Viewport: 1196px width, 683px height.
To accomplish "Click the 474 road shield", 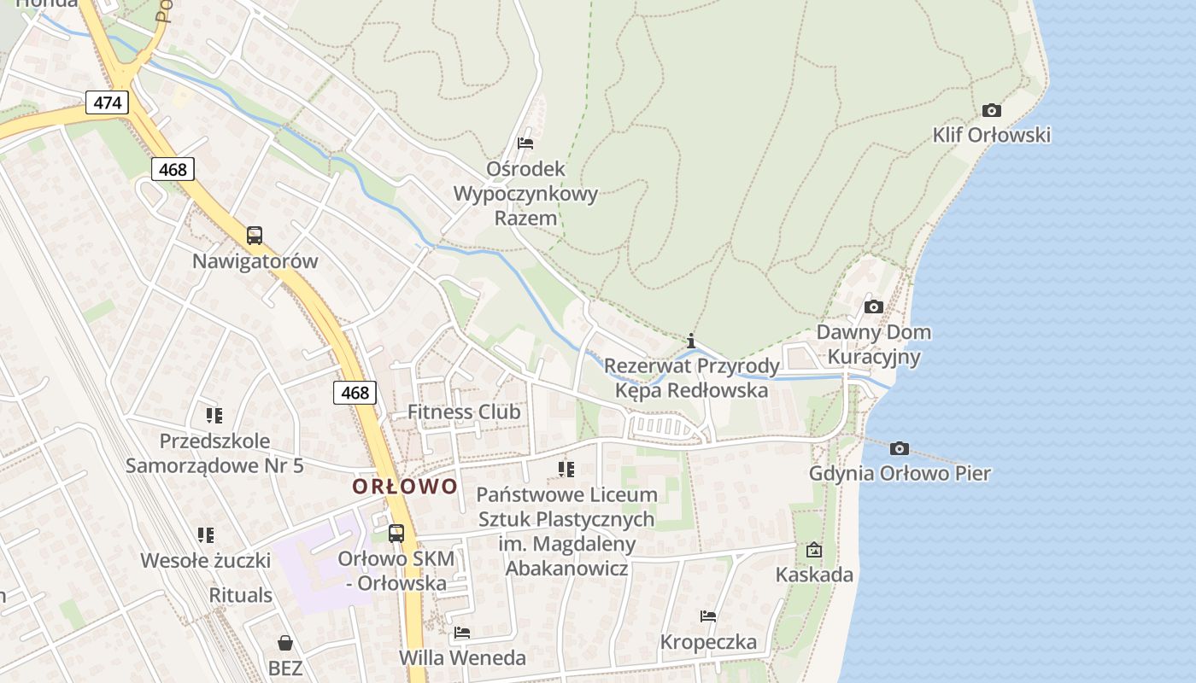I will tap(107, 103).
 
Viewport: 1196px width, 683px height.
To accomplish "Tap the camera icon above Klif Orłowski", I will tap(991, 110).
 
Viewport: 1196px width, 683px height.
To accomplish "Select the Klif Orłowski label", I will tap(991, 135).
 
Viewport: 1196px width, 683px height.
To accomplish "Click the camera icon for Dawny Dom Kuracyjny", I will tap(873, 306).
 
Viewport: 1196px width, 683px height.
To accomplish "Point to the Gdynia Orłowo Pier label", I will tap(900, 473).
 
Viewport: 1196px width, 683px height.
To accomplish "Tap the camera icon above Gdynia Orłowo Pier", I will tap(899, 448).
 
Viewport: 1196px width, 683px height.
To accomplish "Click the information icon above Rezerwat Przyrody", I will tap(691, 341).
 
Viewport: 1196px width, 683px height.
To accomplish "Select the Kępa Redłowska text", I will tap(691, 391).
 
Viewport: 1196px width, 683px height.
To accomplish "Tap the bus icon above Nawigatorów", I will tap(254, 236).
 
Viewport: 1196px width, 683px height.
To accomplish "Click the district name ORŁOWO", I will tap(405, 487).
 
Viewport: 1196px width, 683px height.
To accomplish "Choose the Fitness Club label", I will tap(464, 412).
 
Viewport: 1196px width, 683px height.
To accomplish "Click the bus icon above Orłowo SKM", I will tap(396, 534).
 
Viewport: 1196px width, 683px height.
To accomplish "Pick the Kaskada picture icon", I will tap(813, 550).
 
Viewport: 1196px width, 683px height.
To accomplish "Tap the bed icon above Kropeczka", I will tap(707, 616).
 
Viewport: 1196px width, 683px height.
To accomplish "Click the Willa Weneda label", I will tap(462, 657).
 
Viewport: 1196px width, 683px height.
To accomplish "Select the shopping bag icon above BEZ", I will tap(285, 643).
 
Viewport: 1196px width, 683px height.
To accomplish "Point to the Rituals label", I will tap(241, 595).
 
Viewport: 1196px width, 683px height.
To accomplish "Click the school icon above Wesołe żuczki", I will tap(205, 535).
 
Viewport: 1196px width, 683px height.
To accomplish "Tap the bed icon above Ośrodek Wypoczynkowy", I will tap(525, 143).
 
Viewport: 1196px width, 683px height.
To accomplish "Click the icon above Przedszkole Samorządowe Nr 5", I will tap(214, 416).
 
